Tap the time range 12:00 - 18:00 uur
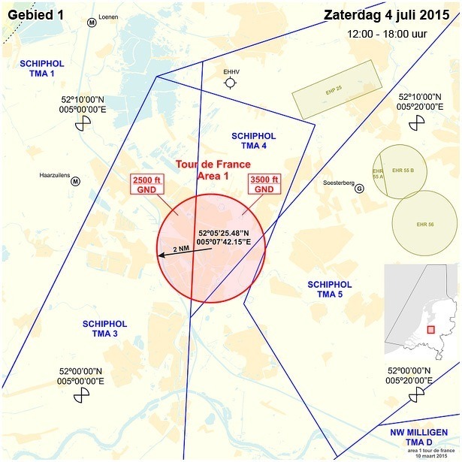tap(388, 34)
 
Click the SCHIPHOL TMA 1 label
tap(41, 69)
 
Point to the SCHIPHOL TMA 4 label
tap(253, 140)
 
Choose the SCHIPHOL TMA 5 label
tap(330, 289)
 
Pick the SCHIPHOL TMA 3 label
tap(104, 328)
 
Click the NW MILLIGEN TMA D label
tap(419, 437)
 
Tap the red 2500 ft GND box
tap(147, 185)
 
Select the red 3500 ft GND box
tap(264, 185)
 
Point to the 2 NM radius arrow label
tap(180, 249)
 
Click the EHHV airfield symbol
tap(230, 83)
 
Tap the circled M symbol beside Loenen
tap(92, 23)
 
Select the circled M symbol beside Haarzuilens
tap(75, 180)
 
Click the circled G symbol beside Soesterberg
tap(359, 189)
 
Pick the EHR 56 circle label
tap(425, 224)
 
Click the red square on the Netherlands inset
tap(430, 329)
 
